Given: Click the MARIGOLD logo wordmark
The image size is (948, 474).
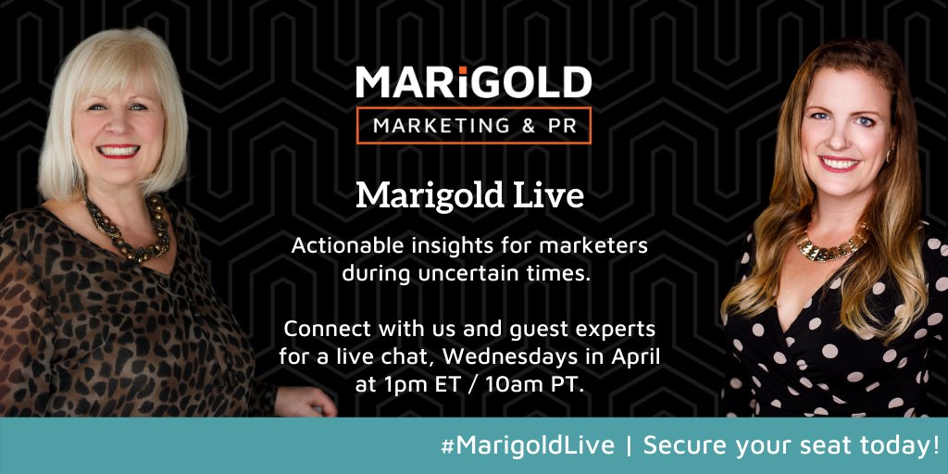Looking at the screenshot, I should (473, 82).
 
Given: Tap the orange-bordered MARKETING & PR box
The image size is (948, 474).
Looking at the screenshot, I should (473, 125).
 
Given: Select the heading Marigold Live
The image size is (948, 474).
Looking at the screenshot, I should (473, 195).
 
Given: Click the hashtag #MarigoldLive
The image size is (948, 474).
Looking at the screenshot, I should (529, 445).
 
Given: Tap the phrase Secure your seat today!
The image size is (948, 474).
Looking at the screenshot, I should (792, 445).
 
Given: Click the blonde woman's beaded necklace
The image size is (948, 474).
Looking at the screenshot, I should (129, 231).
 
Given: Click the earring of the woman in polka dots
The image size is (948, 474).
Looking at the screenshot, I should (890, 154).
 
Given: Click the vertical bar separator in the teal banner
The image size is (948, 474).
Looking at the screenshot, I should (630, 445).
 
